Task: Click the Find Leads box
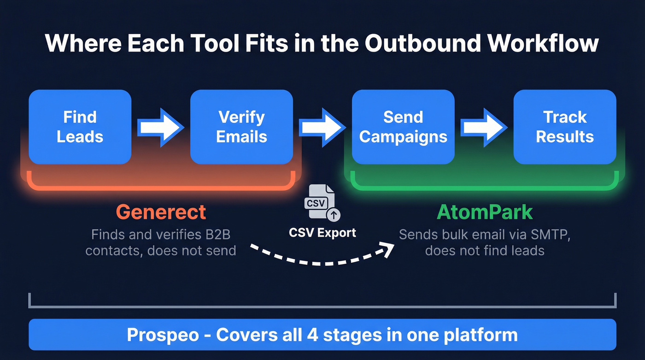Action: click(x=80, y=127)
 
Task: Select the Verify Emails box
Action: click(x=241, y=127)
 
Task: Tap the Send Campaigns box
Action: click(x=403, y=127)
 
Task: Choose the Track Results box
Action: click(x=565, y=127)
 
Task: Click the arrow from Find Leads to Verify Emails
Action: click(x=161, y=127)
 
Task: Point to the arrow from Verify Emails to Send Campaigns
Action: click(x=322, y=127)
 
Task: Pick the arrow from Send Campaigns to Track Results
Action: click(x=484, y=127)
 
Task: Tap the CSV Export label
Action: click(x=322, y=232)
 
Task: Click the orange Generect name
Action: click(x=161, y=212)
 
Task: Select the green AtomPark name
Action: click(x=484, y=212)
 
